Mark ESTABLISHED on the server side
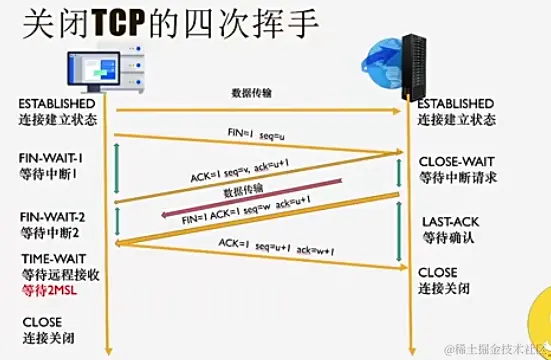(x=455, y=103)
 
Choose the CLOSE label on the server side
(x=437, y=272)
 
